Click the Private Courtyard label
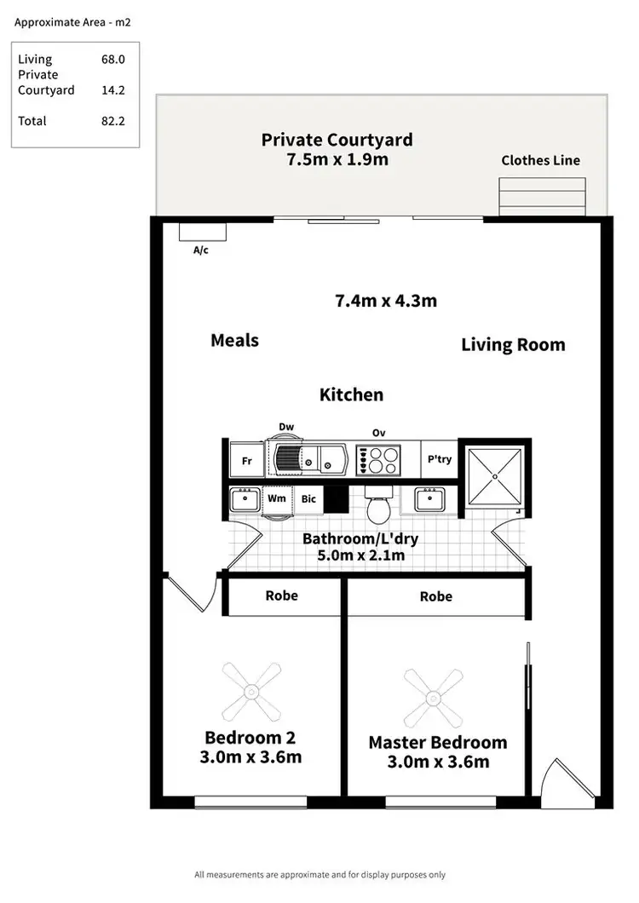pyautogui.click(x=337, y=140)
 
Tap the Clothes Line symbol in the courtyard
pyautogui.click(x=542, y=197)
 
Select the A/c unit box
pyautogui.click(x=202, y=233)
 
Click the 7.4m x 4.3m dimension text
pyautogui.click(x=386, y=300)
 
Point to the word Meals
pyautogui.click(x=234, y=340)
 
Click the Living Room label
pyautogui.click(x=513, y=344)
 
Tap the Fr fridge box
pyautogui.click(x=247, y=461)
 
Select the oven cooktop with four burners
pyautogui.click(x=379, y=461)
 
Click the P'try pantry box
pyautogui.click(x=439, y=460)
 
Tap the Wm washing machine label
pyautogui.click(x=277, y=498)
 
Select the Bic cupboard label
pyautogui.click(x=308, y=498)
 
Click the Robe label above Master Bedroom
pyautogui.click(x=435, y=596)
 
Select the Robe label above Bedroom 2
pyautogui.click(x=281, y=595)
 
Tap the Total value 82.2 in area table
pyautogui.click(x=113, y=121)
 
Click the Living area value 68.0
pyautogui.click(x=113, y=60)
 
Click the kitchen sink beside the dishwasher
pyautogui.click(x=315, y=461)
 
